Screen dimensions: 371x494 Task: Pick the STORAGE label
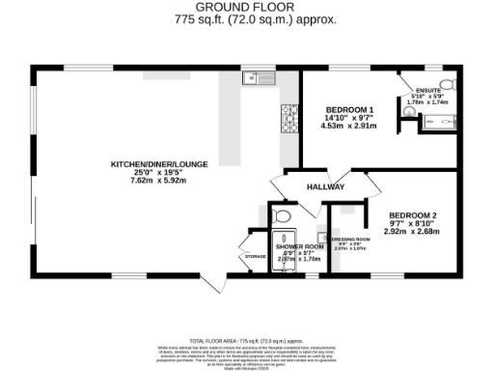(x=254, y=256)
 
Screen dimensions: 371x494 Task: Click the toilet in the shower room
(x=282, y=214)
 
